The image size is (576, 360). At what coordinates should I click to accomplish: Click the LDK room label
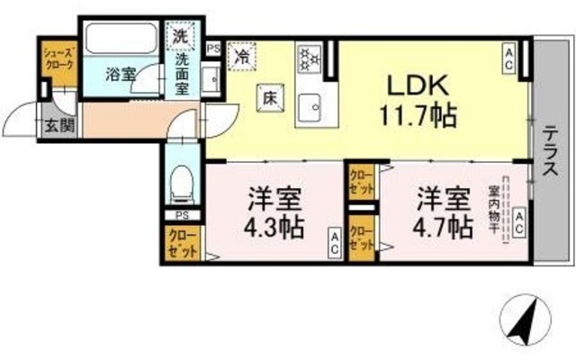[x=417, y=85]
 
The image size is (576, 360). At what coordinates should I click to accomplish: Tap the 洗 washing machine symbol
[x=180, y=39]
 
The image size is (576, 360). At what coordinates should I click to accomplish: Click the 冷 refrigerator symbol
[x=242, y=55]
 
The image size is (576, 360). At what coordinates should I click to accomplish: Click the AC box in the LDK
[x=509, y=60]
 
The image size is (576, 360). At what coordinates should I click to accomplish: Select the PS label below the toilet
[x=181, y=216]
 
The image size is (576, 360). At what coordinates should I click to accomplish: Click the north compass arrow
[x=527, y=321]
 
